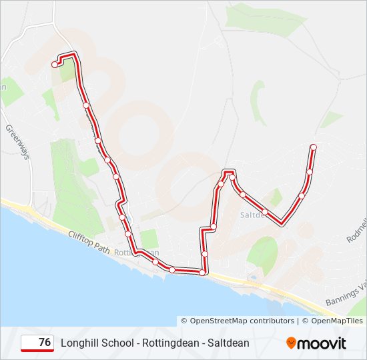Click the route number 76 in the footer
point(45,343)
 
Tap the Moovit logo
point(316,343)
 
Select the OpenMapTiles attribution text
point(336,321)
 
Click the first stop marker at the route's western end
point(55,65)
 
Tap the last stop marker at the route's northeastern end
point(314,147)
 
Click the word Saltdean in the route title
point(229,343)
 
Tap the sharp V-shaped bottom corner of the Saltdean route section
point(282,223)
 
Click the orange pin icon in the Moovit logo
point(291,343)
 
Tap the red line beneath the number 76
point(38,351)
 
